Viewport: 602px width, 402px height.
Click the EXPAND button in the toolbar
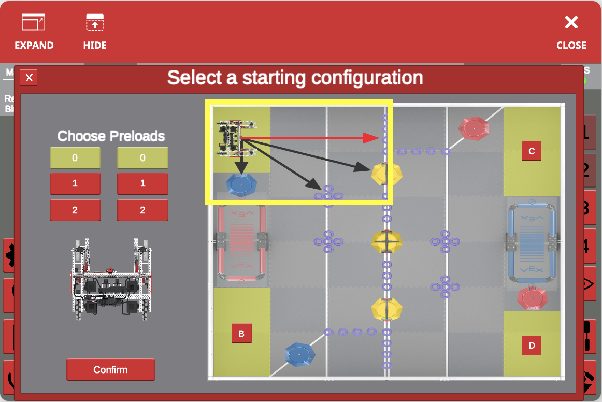34,32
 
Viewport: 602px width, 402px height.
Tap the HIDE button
95,32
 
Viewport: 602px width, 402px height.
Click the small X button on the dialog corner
29,78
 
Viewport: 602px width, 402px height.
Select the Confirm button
110,369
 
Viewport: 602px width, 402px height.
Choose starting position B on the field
241,333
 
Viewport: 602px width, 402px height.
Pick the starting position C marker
532,151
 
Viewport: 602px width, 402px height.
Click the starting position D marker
532,345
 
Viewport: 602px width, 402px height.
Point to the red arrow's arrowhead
371,138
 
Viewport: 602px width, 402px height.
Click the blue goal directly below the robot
241,183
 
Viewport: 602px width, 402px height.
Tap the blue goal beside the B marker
299,355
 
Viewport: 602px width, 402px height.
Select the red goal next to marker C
474,127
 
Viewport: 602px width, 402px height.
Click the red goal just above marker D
533,297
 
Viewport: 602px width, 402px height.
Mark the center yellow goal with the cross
386,241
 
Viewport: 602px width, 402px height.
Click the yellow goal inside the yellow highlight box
386,174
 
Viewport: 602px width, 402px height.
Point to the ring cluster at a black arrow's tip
328,196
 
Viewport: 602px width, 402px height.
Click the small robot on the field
237,138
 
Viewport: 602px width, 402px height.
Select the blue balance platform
532,241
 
